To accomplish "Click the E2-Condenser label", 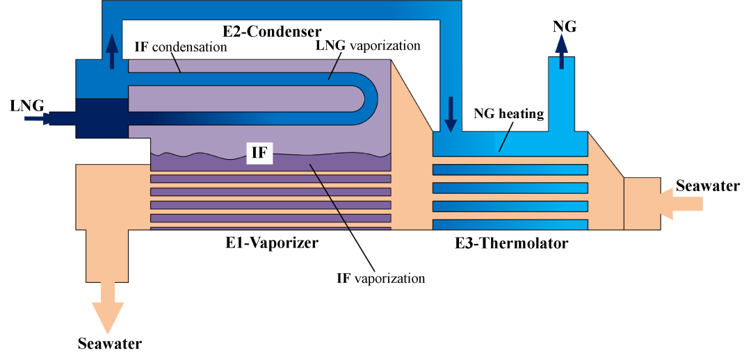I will point(272,31).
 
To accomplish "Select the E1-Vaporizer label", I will point(272,243).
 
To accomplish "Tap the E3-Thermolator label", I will point(511,243).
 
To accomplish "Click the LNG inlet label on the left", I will point(27,106).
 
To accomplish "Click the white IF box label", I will point(259,152).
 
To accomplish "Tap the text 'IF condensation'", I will point(181,47).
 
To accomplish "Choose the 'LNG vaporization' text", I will point(369,46).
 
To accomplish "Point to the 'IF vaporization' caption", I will point(380,279).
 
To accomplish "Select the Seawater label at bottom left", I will point(110,343).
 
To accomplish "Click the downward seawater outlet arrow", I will point(109,312).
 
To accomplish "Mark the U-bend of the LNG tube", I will point(369,99).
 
